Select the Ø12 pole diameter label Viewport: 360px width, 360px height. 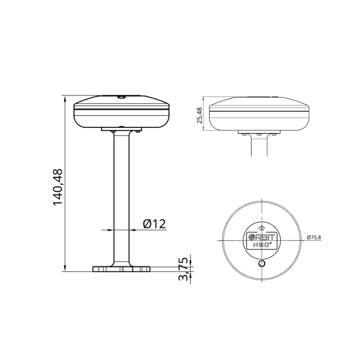point(154,224)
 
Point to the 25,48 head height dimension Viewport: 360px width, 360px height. point(200,115)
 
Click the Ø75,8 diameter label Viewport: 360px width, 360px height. point(314,237)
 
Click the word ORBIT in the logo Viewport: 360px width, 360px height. point(262,237)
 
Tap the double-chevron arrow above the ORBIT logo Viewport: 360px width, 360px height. point(262,228)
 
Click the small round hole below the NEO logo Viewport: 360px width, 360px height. point(262,264)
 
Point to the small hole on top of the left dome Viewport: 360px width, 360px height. point(121,97)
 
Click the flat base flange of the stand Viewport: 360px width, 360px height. point(121,269)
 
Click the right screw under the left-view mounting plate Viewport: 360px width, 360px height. point(137,132)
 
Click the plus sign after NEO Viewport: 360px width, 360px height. point(271,243)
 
